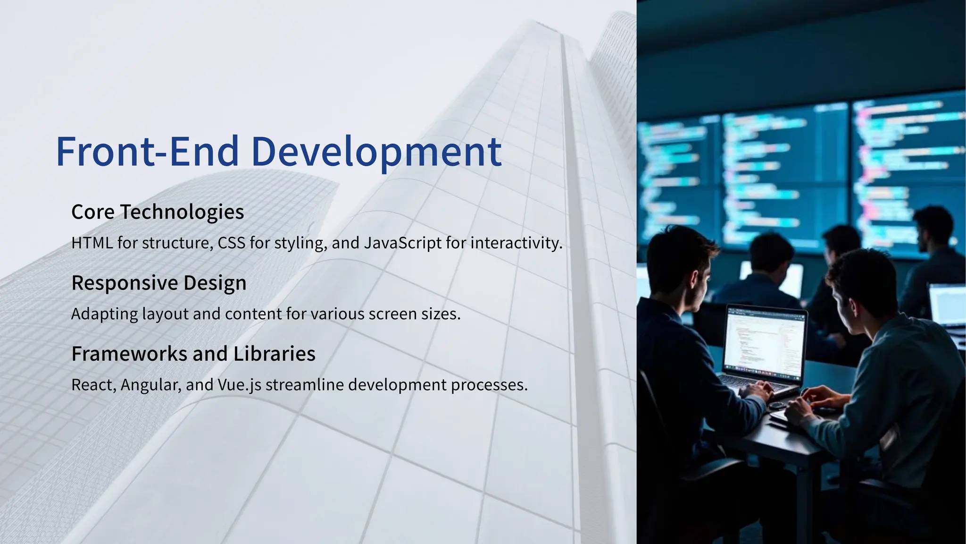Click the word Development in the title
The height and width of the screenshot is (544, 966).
[376, 152]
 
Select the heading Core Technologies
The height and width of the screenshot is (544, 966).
[158, 212]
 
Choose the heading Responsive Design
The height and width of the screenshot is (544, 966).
[159, 282]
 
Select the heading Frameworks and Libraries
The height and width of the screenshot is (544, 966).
[193, 353]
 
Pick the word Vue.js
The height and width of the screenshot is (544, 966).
[239, 385]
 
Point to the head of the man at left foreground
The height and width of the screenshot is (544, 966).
[682, 264]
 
